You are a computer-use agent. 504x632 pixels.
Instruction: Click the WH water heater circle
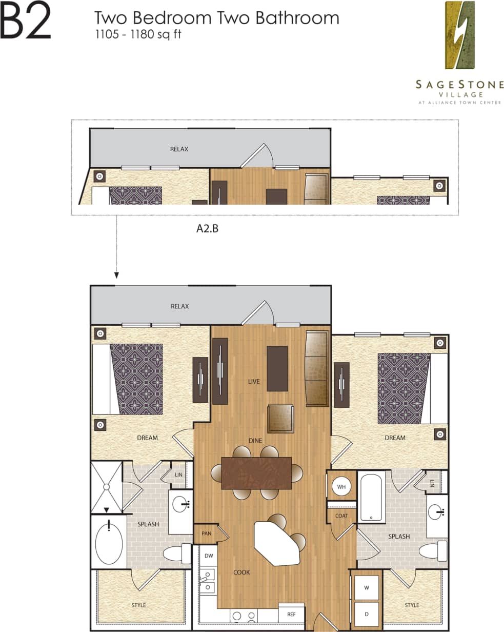point(341,486)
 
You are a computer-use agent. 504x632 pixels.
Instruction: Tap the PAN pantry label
point(207,534)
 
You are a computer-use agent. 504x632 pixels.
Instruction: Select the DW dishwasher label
point(209,556)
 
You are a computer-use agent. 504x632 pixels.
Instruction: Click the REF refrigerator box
point(291,614)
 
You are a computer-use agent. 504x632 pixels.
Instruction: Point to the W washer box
point(367,587)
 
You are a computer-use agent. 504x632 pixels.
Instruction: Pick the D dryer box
point(367,614)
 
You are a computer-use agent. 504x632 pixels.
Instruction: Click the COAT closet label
point(341,516)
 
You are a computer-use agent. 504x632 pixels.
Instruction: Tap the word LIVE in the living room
point(254,381)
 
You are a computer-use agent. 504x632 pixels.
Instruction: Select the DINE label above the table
point(255,440)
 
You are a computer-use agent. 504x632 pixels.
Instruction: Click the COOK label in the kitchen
point(241,572)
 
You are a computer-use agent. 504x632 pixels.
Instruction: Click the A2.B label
point(208,229)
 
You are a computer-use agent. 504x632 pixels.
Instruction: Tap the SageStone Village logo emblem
point(460,35)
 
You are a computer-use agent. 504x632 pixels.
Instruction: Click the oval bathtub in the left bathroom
point(109,543)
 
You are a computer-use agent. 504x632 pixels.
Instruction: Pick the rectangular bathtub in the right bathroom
point(371,496)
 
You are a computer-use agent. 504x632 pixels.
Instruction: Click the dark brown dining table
point(256,472)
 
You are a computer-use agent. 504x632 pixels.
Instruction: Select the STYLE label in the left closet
point(138,605)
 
